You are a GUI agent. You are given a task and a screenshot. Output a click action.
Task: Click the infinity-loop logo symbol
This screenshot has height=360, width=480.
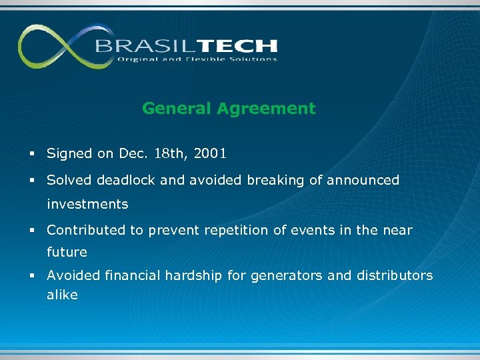pos(57,46)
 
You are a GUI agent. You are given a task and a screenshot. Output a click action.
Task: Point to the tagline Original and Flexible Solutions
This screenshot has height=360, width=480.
pos(197,59)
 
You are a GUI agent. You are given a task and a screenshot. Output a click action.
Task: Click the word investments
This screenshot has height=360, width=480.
pos(87,203)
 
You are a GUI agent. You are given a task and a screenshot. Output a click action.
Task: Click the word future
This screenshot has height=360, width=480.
pos(67,252)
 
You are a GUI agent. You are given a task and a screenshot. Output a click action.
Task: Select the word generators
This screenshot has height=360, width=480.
pos(290,275)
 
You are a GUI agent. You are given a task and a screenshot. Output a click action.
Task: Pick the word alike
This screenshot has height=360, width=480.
pos(62,295)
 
